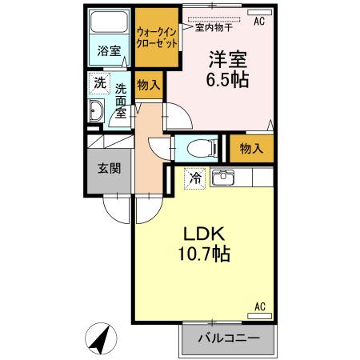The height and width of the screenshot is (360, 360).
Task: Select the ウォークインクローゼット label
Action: pos(156,36)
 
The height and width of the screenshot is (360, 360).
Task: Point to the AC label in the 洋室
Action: pos(259,22)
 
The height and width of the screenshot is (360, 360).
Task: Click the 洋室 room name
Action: pos(227,58)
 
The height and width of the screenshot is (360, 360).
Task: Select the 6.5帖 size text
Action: pos(228,79)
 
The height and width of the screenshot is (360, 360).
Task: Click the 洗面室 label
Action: pos(121,100)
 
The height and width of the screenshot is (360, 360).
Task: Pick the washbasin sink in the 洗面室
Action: pos(97,111)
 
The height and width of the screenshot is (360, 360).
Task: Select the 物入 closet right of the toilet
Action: pos(251,147)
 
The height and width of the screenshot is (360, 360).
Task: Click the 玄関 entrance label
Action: pos(109,169)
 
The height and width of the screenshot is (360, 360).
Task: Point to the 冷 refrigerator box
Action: pos(194,178)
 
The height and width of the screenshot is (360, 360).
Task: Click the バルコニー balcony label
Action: pos(228,338)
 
